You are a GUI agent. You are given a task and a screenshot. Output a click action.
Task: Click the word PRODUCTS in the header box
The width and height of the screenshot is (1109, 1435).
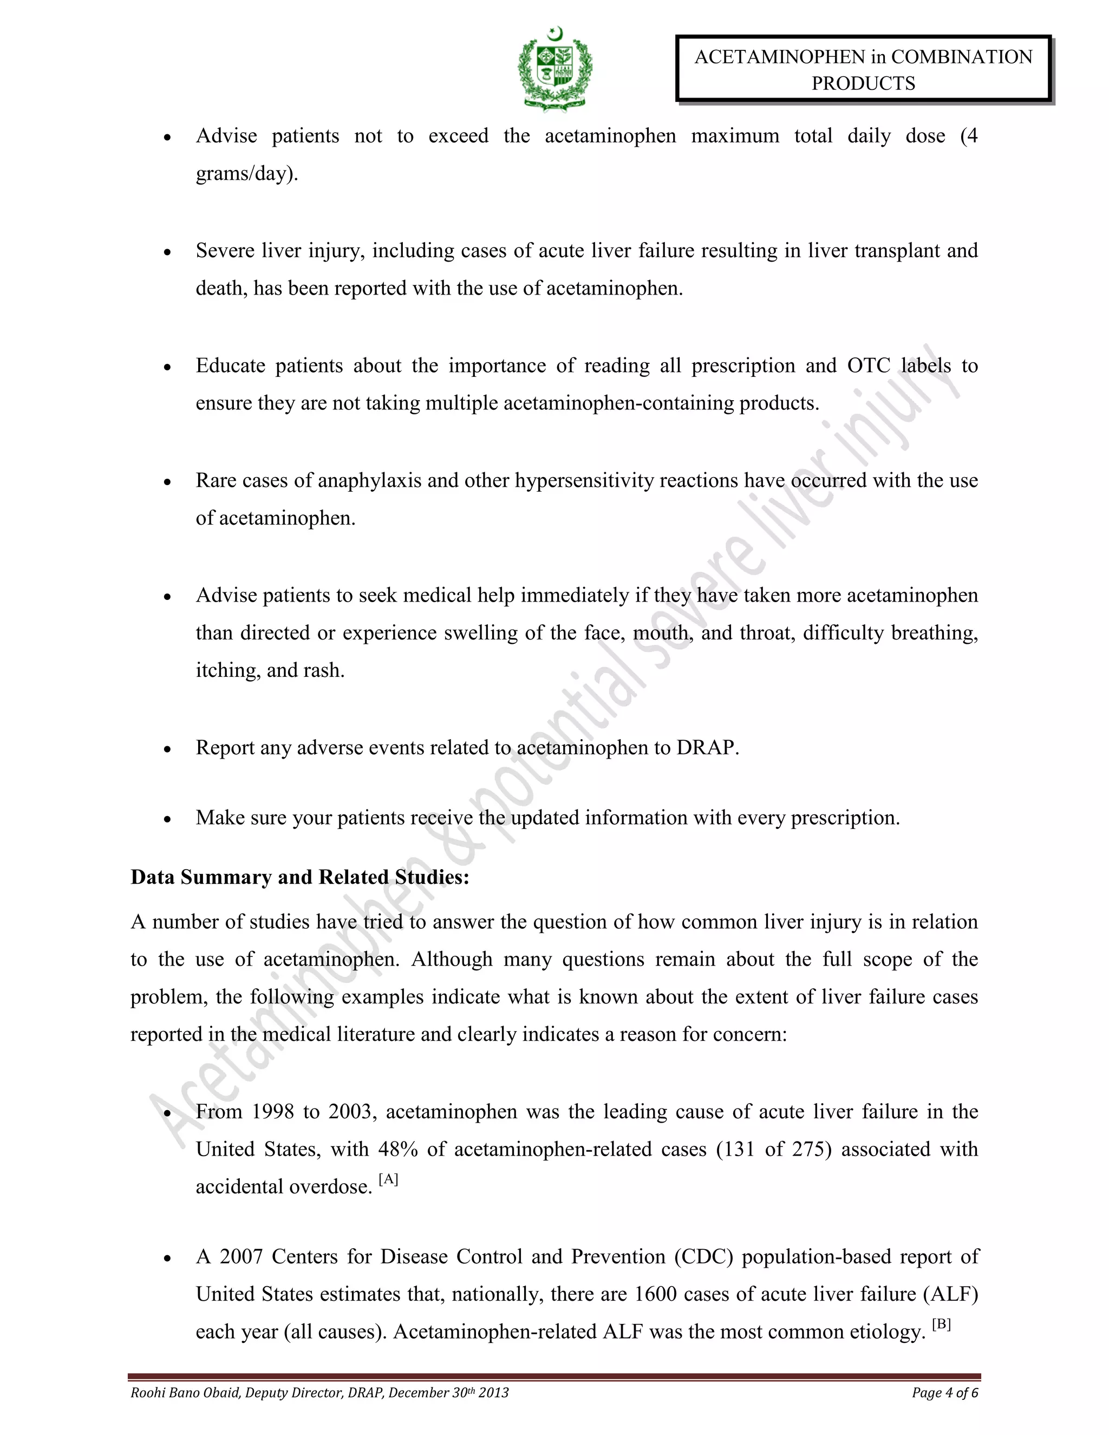click(x=863, y=83)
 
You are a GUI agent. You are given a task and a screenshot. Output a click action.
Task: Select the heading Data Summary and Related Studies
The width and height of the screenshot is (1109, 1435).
click(x=299, y=877)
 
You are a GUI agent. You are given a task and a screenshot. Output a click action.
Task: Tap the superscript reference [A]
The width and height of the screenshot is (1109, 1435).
click(x=388, y=1179)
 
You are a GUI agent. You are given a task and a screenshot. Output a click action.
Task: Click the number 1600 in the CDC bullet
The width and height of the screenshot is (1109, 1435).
click(x=655, y=1294)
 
